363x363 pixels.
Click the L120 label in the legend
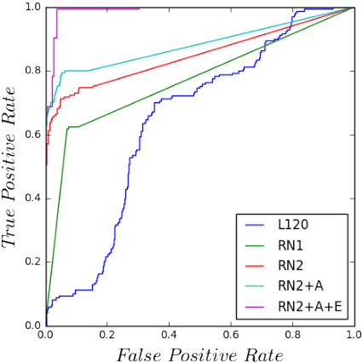click(291, 226)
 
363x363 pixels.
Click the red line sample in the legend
click(256, 266)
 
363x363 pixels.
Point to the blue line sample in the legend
click(256, 227)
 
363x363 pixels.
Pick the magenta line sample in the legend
click(256, 305)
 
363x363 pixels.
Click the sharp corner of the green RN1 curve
click(67, 128)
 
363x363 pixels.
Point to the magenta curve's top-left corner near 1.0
click(57, 9)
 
